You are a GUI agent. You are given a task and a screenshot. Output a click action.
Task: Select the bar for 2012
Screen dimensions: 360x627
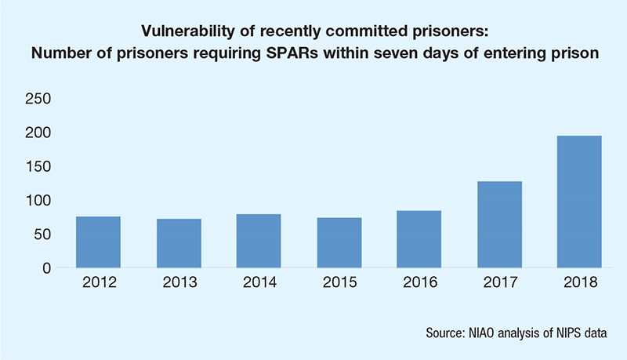click(98, 242)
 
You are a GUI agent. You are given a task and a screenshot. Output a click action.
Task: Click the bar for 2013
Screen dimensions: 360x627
click(179, 243)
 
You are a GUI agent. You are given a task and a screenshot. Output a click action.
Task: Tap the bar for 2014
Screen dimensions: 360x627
click(259, 241)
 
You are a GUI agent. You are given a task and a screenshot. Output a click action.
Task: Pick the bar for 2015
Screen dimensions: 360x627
click(339, 242)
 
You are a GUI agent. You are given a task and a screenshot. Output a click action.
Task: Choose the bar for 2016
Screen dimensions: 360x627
click(419, 238)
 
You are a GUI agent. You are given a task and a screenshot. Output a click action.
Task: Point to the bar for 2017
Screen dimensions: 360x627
click(499, 224)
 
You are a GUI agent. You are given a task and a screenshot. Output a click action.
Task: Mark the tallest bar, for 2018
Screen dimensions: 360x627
click(579, 202)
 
